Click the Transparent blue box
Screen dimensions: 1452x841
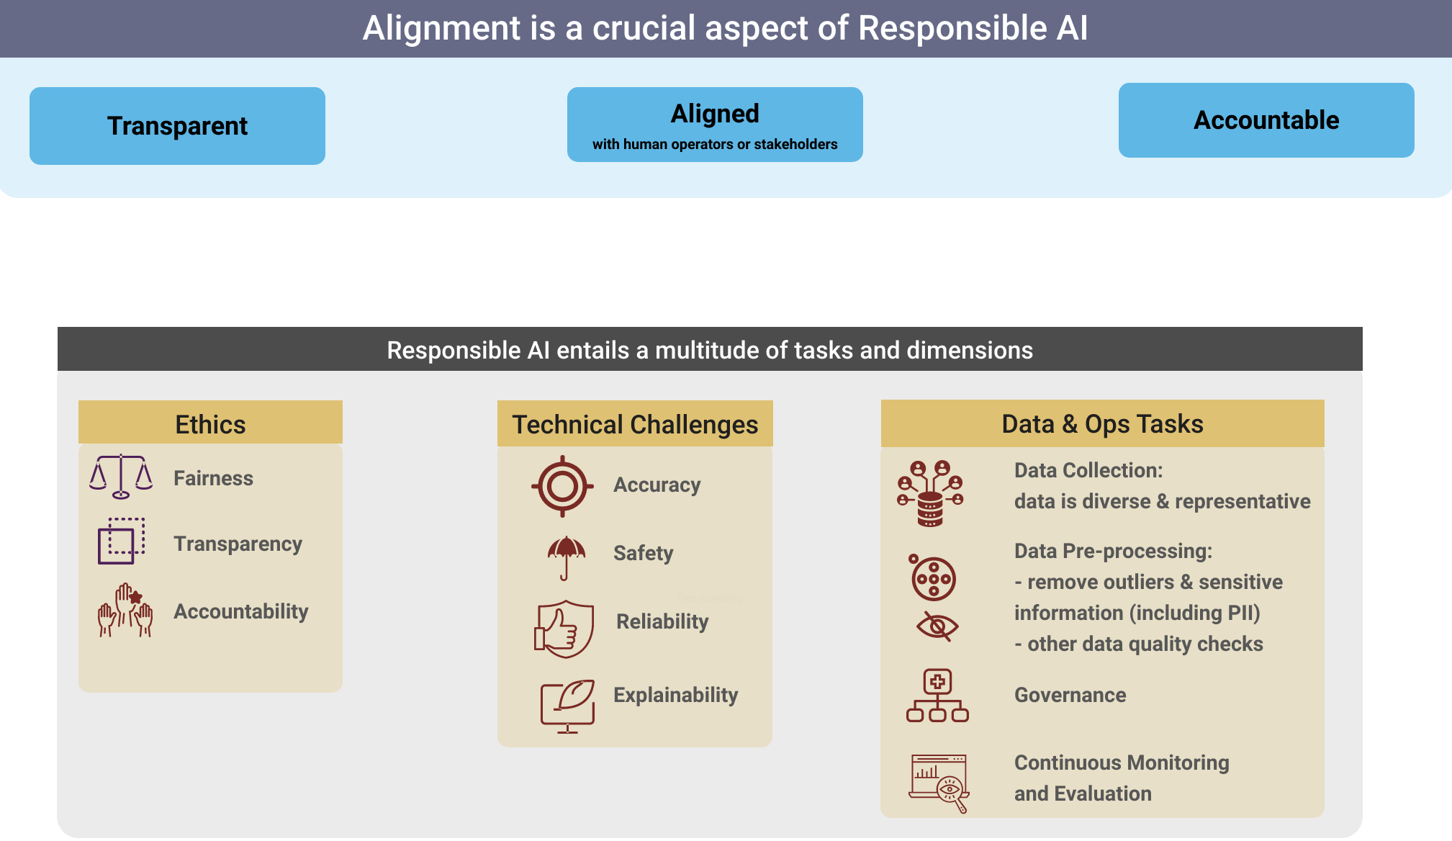coord(177,126)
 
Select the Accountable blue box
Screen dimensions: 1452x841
coord(1266,120)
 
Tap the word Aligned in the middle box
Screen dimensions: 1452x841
coord(715,114)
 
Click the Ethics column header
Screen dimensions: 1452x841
coord(210,424)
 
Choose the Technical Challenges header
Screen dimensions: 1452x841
coord(634,424)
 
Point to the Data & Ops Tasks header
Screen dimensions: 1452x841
coord(1102,423)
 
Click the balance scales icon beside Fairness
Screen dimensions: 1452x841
coord(121,476)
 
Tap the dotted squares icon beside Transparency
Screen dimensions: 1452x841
coord(121,541)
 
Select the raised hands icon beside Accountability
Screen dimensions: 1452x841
coord(125,611)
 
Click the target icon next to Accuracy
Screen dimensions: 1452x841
coord(562,486)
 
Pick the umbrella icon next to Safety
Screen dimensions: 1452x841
coord(566,557)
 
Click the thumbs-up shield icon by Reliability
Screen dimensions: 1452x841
coord(564,628)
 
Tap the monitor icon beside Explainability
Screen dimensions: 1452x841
coord(567,705)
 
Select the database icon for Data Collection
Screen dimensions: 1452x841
coord(930,494)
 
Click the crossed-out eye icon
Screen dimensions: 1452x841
coord(937,626)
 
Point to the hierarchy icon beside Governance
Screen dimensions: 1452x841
coord(937,696)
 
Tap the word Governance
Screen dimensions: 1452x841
coord(1070,695)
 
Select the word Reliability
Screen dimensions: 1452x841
coord(662,621)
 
